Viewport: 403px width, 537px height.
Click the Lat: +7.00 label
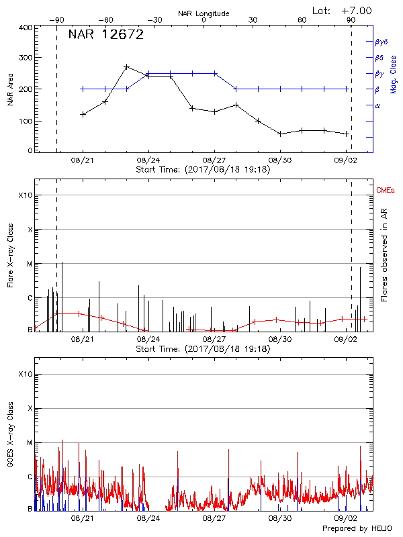pyautogui.click(x=343, y=11)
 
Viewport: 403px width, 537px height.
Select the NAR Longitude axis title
pyautogui.click(x=204, y=13)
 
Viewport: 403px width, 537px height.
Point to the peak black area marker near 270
pyautogui.click(x=127, y=67)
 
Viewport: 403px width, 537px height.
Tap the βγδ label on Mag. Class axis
pyautogui.click(x=382, y=42)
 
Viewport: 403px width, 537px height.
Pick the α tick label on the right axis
pyautogui.click(x=377, y=105)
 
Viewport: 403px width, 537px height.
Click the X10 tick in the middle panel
pyautogui.click(x=25, y=195)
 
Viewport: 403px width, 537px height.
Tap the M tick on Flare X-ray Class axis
pyautogui.click(x=29, y=264)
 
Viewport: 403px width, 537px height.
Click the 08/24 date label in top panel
pyautogui.click(x=148, y=161)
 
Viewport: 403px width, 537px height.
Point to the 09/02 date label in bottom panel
pyautogui.click(x=346, y=519)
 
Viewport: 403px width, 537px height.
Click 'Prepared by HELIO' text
pyautogui.click(x=361, y=529)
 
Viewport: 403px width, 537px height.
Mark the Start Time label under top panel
pyautogui.click(x=203, y=170)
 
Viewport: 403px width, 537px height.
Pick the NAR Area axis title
pyautogui.click(x=10, y=89)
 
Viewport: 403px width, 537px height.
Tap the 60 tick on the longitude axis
pyautogui.click(x=302, y=21)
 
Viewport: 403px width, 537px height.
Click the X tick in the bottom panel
pyautogui.click(x=29, y=409)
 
